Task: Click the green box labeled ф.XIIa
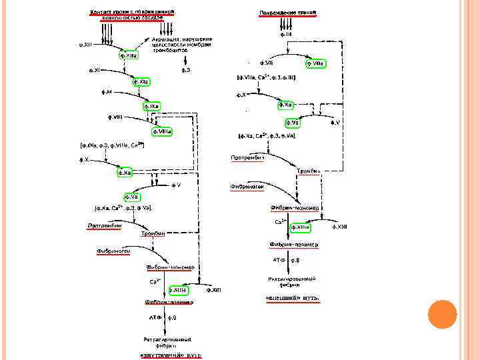tap(129, 55)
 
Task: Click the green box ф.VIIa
tap(315, 63)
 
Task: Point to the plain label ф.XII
tap(85, 45)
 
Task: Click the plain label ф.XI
tap(95, 69)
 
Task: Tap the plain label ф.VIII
tap(115, 117)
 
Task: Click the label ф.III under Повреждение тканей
tap(285, 32)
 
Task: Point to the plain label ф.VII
tap(265, 63)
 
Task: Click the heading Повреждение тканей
tap(287, 13)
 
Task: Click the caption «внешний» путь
tap(294, 297)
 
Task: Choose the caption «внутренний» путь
tap(170, 354)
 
